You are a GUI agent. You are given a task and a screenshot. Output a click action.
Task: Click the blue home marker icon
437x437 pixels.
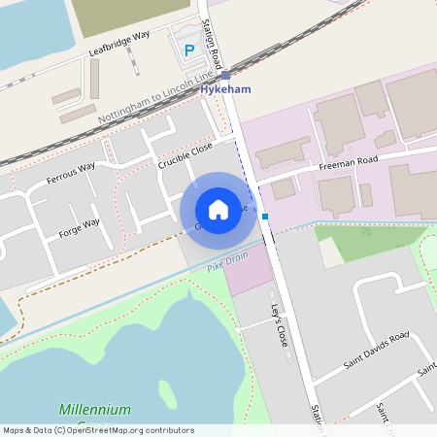click(218, 209)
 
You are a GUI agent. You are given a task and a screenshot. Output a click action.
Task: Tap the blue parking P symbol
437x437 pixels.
click(190, 49)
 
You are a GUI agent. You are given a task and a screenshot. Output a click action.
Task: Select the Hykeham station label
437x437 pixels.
click(225, 89)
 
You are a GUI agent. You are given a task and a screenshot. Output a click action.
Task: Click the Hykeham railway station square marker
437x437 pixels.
click(225, 75)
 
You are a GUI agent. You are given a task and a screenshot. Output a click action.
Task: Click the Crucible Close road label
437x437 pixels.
click(185, 154)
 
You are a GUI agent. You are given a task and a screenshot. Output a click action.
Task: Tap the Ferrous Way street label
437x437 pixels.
click(71, 173)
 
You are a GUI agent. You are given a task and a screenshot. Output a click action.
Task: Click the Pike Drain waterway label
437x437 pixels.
click(228, 259)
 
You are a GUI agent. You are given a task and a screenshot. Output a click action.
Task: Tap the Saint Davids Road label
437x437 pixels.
click(377, 354)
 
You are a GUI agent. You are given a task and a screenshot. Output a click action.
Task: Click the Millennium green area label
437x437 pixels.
click(94, 410)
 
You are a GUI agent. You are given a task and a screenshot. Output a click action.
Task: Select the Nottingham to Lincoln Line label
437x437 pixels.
click(155, 98)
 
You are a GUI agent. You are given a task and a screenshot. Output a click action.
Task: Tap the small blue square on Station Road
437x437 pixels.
click(264, 217)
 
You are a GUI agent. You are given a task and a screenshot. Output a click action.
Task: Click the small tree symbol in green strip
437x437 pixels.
click(365, 232)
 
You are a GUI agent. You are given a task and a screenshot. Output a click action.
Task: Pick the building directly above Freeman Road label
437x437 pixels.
click(338, 124)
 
